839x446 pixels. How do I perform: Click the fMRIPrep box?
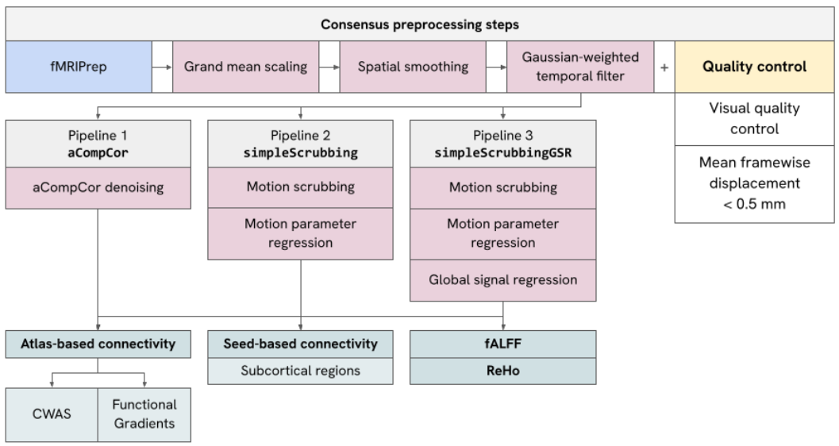pyautogui.click(x=79, y=67)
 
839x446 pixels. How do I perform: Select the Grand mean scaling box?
pyautogui.click(x=245, y=67)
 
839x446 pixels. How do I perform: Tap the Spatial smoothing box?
pyautogui.click(x=413, y=67)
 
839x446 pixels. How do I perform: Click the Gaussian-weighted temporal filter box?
pyautogui.click(x=580, y=67)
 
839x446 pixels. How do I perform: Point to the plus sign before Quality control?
pyautogui.click(x=664, y=67)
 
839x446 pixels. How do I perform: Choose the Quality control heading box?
pyautogui.click(x=754, y=67)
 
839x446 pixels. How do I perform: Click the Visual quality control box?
pyautogui.click(x=754, y=119)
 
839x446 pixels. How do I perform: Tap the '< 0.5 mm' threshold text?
pyautogui.click(x=754, y=204)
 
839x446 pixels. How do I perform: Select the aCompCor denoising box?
pyautogui.click(x=98, y=188)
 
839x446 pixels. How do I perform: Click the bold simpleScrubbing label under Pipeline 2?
pyautogui.click(x=301, y=153)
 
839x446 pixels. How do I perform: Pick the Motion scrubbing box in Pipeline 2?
pyautogui.click(x=300, y=187)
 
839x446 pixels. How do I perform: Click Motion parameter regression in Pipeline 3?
pyautogui.click(x=503, y=234)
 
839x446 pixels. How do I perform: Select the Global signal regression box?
pyautogui.click(x=503, y=280)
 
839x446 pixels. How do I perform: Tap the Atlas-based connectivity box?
pyautogui.click(x=98, y=344)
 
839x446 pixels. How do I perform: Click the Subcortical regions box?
pyautogui.click(x=300, y=371)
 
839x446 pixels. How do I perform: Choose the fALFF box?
pyautogui.click(x=503, y=344)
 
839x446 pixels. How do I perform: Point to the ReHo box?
pyautogui.click(x=503, y=371)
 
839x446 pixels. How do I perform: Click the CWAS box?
pyautogui.click(x=52, y=414)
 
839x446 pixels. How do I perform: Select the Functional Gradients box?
pyautogui.click(x=144, y=414)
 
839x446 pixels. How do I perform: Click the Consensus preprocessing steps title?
pyautogui.click(x=420, y=25)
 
